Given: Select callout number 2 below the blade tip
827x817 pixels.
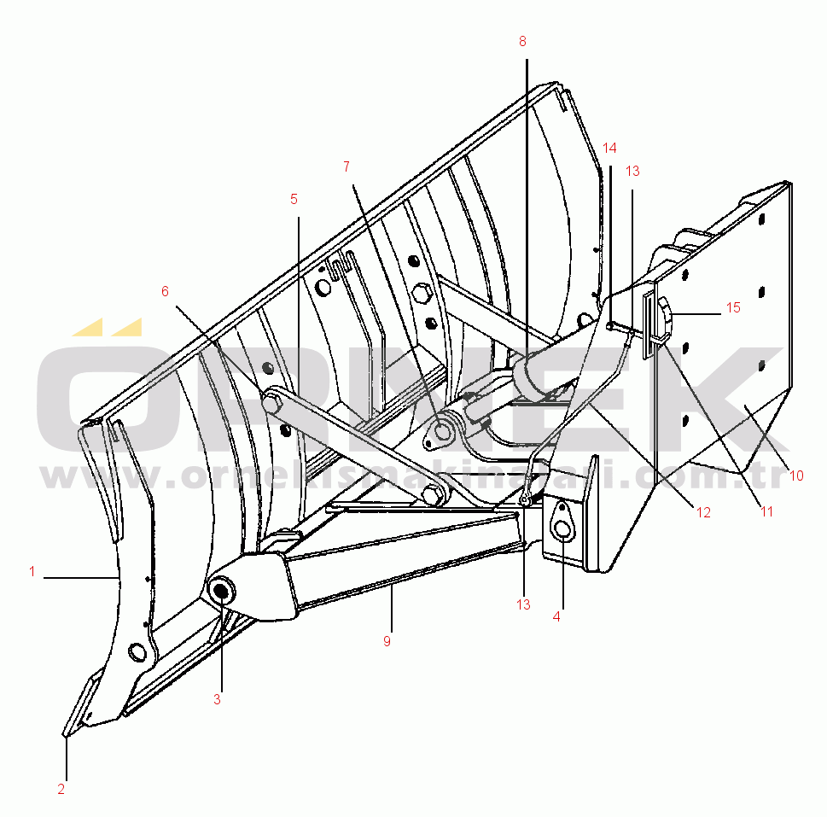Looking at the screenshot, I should coord(61,789).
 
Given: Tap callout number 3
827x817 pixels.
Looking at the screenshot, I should coord(217,699).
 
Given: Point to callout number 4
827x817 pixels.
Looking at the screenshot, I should coord(556,616).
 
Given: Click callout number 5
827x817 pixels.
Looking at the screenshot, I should coord(294,199).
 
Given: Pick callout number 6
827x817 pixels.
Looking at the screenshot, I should coord(165,290).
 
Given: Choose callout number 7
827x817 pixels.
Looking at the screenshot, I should coord(346,166).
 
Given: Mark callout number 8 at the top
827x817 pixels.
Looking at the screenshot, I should coord(522,41).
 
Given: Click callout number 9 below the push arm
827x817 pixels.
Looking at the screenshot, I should coord(387,641).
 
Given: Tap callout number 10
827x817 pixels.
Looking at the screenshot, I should coord(796,476).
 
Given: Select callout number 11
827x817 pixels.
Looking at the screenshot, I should coord(766,511).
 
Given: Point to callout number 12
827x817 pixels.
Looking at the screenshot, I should coord(702,512).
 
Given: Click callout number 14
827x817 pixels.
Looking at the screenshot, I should coord(609,148).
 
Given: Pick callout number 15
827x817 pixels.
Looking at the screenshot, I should coord(733,307).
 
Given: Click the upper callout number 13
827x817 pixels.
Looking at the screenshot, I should coord(632,171).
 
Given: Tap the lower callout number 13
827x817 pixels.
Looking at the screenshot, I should coord(522,604).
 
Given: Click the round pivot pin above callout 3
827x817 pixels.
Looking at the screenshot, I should coord(222,590).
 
